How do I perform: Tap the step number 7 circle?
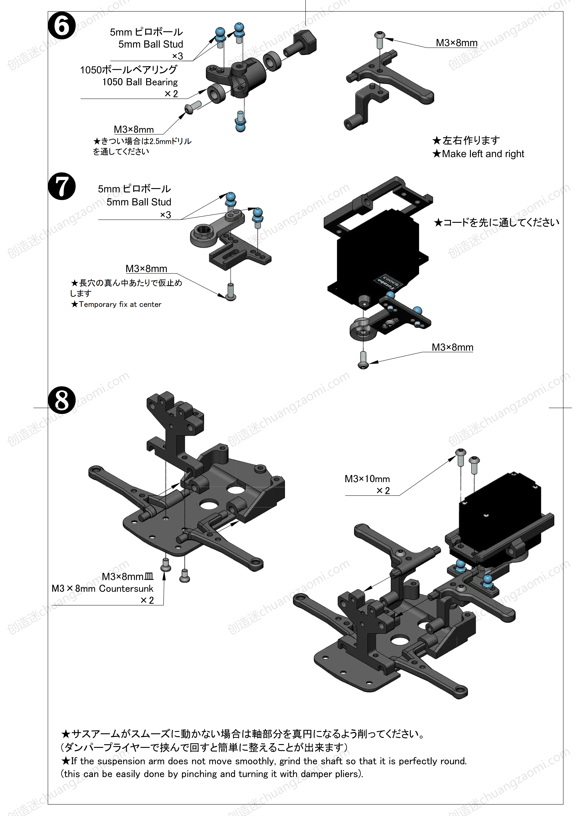pos(61,186)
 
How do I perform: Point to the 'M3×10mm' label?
pos(367,479)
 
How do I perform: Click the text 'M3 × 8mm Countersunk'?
pos(102,588)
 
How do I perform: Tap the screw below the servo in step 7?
pos(363,360)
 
